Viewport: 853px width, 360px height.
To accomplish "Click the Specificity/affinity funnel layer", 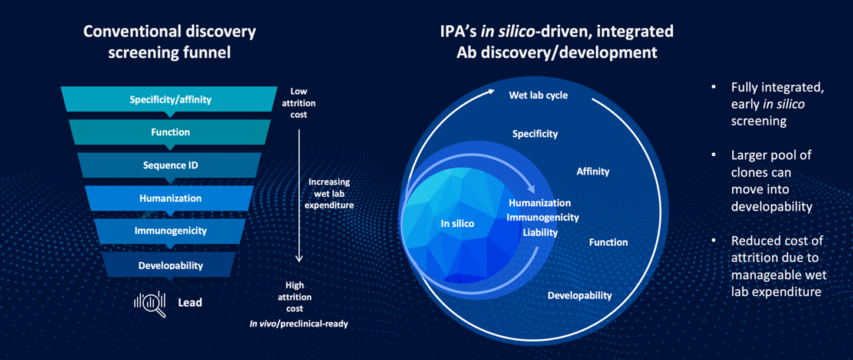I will [170, 100].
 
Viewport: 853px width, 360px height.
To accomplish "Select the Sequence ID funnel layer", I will [170, 166].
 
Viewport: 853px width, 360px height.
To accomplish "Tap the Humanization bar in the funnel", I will [170, 199].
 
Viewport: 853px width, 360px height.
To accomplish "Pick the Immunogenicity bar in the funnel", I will [170, 231].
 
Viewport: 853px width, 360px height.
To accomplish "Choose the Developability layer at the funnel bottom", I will [170, 265].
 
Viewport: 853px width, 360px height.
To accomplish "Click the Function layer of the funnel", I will [170, 133].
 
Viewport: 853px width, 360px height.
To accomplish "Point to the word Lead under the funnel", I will [190, 303].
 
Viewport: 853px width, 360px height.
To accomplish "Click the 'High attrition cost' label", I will [295, 297].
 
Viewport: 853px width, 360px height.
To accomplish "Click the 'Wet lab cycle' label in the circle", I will [538, 95].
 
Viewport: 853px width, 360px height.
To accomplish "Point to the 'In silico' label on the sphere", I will [457, 223].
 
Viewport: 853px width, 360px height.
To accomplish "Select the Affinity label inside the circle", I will [593, 171].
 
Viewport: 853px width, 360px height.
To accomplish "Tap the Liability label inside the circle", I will [540, 233].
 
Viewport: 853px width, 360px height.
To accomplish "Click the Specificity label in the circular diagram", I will [534, 134].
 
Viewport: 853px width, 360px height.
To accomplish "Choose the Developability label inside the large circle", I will [580, 295].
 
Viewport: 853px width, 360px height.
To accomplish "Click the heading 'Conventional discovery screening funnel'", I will [170, 41].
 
